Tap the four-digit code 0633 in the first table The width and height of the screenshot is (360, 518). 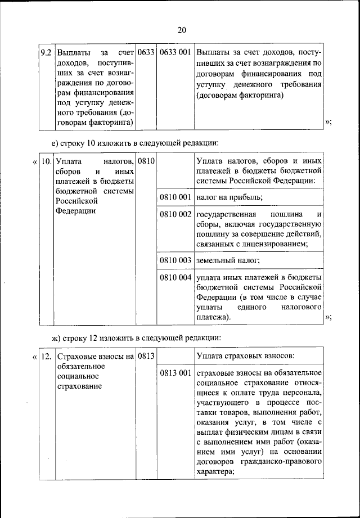[146, 53]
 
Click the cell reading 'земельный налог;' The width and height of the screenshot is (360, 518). [228, 260]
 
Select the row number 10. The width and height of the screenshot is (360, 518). [46, 161]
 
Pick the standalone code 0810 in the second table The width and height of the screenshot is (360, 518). [146, 161]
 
